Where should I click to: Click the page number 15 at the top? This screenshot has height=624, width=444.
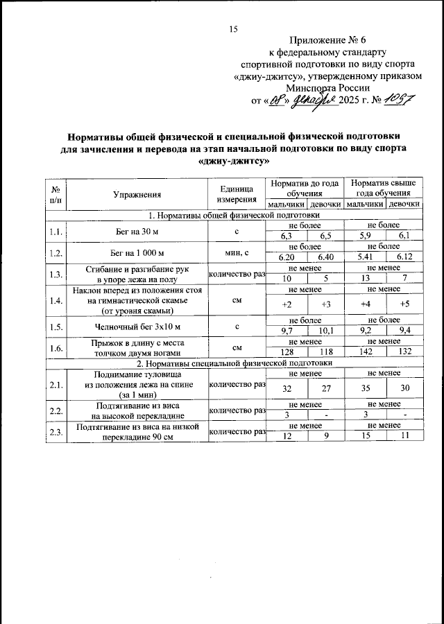(x=233, y=28)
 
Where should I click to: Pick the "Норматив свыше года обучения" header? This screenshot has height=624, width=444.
(x=383, y=189)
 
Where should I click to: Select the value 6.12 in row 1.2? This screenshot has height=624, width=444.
(x=404, y=257)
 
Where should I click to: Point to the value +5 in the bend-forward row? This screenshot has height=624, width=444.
(x=404, y=304)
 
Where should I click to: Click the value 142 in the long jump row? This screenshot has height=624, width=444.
(x=364, y=352)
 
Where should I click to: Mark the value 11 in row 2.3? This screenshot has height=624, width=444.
(x=404, y=435)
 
